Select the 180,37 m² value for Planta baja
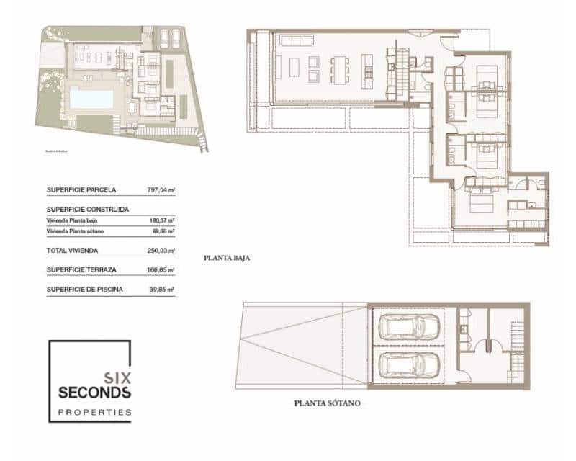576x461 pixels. (x=161, y=220)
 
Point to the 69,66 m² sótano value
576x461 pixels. (x=162, y=231)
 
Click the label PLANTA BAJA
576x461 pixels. (x=227, y=257)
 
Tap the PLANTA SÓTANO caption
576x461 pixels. (x=327, y=403)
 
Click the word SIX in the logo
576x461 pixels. (x=117, y=377)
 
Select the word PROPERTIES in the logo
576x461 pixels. (x=94, y=413)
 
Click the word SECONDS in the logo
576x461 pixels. (x=94, y=393)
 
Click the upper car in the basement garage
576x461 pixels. (x=408, y=328)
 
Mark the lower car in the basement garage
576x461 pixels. (x=408, y=365)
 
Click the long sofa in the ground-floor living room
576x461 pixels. (x=295, y=40)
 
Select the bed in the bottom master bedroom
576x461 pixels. (x=480, y=202)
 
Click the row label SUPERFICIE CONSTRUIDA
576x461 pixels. (x=88, y=210)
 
